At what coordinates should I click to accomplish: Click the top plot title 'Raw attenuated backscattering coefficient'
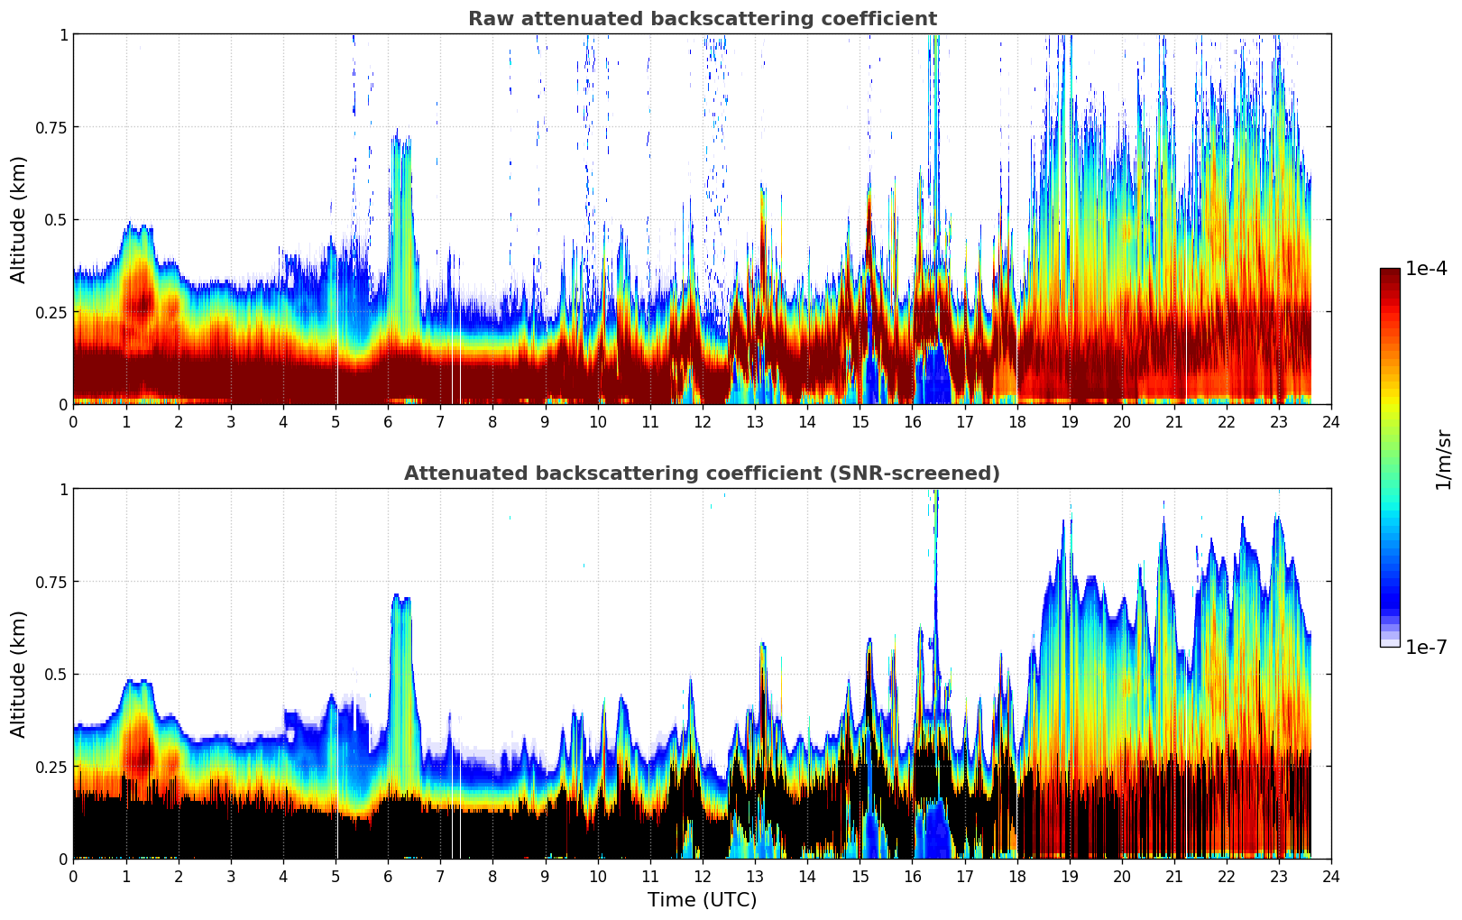point(702,19)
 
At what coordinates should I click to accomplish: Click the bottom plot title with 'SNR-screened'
point(702,474)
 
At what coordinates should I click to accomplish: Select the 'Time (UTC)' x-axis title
point(702,900)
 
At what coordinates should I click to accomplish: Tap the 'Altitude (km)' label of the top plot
point(19,219)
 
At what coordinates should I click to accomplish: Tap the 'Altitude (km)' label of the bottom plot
point(19,674)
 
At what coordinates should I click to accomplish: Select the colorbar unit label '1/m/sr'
point(1443,460)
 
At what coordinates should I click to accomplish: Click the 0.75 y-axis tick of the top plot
point(51,127)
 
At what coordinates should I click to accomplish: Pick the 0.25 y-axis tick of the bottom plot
point(51,767)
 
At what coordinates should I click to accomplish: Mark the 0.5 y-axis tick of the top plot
point(56,220)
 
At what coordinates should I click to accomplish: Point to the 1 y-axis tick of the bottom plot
point(63,490)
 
